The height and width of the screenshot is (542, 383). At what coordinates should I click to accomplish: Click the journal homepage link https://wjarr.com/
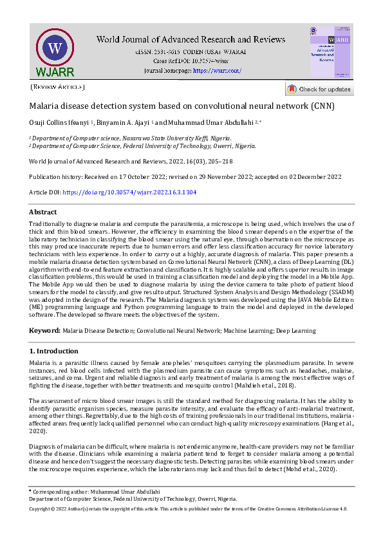(x=216, y=70)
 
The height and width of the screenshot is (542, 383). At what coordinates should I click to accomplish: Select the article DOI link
(x=129, y=192)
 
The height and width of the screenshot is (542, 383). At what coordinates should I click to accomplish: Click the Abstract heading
(x=43, y=212)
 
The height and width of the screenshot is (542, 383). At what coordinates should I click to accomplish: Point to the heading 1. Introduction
(x=54, y=351)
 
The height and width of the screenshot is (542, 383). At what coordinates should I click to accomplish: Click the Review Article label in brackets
(x=57, y=87)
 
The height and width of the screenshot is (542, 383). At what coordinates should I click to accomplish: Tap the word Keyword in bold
(x=44, y=330)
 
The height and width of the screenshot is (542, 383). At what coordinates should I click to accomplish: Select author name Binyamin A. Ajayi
(x=122, y=122)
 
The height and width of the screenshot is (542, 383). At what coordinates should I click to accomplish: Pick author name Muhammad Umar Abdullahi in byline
(x=205, y=122)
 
